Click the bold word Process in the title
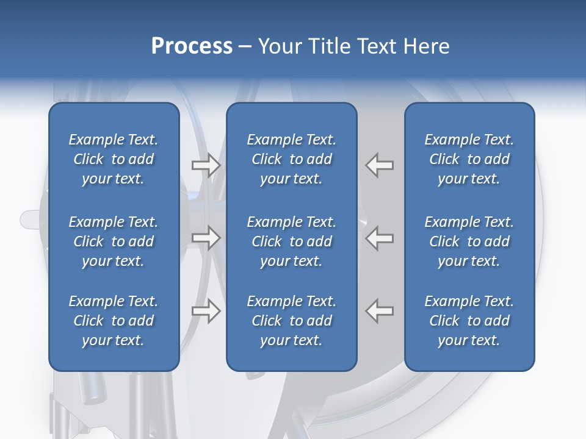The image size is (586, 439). click(x=192, y=46)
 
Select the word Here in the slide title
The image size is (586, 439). click(x=427, y=46)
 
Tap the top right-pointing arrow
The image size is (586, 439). click(x=206, y=165)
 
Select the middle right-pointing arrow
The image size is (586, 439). click(x=206, y=238)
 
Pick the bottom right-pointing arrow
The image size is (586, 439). click(x=206, y=311)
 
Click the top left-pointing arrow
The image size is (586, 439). click(x=380, y=165)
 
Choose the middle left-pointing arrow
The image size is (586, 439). click(x=380, y=238)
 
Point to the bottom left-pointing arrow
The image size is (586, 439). click(x=380, y=311)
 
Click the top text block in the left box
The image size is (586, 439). click(x=114, y=159)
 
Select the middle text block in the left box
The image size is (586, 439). click(x=114, y=241)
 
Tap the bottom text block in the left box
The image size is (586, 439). click(x=114, y=321)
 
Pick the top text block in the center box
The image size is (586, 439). click(x=291, y=159)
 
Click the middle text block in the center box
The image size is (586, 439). click(x=291, y=241)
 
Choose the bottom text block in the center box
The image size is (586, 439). click(x=291, y=321)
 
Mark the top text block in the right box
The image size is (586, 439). click(x=469, y=159)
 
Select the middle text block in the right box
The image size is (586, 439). click(x=469, y=241)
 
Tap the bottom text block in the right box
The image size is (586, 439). click(x=469, y=321)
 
